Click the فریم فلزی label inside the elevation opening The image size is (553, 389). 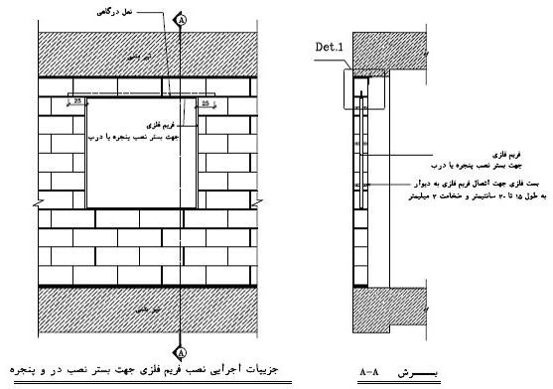[146, 126]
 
